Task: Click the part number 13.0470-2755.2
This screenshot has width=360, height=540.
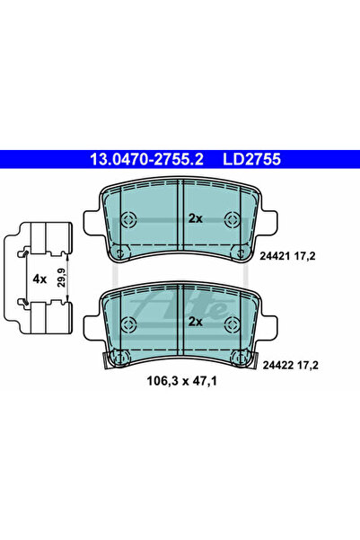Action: (x=146, y=159)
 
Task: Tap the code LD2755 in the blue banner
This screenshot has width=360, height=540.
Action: (x=251, y=159)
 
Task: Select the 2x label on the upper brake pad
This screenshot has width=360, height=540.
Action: (x=196, y=218)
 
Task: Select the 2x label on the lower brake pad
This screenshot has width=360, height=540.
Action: (x=196, y=322)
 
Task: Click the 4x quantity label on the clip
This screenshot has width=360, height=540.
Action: (x=40, y=279)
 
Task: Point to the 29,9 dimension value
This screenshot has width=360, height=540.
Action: (x=61, y=279)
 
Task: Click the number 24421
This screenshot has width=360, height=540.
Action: (x=274, y=256)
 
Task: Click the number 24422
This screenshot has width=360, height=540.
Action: (x=277, y=365)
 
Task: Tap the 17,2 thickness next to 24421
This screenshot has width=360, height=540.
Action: (x=303, y=256)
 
